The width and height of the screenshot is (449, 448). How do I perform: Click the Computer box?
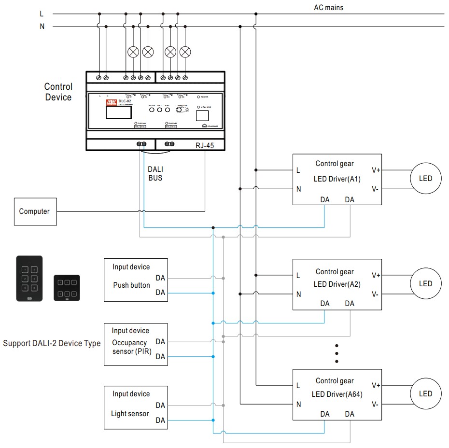coord(35,211)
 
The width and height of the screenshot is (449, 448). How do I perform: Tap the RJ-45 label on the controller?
coord(205,145)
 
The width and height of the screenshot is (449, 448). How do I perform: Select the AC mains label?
coord(329,8)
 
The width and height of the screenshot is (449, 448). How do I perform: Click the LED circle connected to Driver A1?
coord(425,179)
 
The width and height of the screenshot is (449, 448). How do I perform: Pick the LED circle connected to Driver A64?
coord(425,394)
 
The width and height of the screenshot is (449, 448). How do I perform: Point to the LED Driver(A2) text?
coord(337,284)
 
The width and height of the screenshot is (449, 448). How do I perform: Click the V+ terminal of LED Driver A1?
coord(376,170)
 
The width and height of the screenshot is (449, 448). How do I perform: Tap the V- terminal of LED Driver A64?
coord(376,404)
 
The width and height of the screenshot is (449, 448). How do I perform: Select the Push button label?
coord(132,285)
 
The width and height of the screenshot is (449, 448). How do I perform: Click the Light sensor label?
coord(130,414)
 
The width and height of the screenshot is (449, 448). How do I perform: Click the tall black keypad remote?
coord(29,279)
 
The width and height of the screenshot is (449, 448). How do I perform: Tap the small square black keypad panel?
coord(67,288)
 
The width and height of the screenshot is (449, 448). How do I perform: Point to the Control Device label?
coord(58,92)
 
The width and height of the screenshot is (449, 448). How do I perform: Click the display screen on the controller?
coord(119,112)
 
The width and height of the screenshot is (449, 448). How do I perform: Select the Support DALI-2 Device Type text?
coord(52,344)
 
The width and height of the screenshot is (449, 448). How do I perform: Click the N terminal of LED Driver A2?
coord(298,294)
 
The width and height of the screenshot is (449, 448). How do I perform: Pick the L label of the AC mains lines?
coord(42,14)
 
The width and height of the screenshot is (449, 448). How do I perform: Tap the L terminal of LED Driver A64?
coord(298,385)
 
